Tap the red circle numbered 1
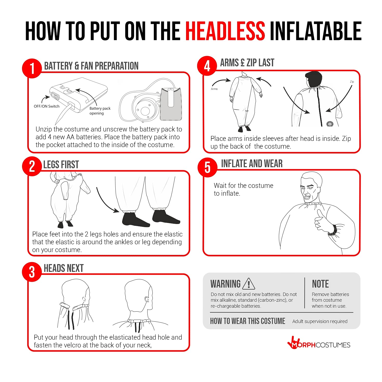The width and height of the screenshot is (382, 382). point(32,68)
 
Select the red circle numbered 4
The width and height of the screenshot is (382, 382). point(207,66)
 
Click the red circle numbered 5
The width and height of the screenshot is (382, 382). point(207,167)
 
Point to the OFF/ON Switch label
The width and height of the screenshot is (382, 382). point(47,106)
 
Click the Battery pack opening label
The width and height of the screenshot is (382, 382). point(100,111)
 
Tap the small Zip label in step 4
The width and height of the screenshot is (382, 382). point(352,82)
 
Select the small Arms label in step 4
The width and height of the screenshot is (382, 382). point(214,89)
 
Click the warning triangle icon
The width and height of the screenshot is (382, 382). point(249,284)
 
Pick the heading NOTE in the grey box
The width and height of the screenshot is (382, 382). point(320,284)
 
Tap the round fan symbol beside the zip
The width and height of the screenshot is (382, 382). point(330,124)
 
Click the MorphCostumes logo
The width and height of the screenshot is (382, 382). point(319,345)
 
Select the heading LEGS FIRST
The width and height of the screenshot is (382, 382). point(61,164)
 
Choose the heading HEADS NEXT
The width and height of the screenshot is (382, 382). point(64,268)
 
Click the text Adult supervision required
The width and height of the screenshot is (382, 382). point(320,321)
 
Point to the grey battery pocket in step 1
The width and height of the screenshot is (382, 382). point(171,104)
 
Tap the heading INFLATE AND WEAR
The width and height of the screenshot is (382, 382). point(252,163)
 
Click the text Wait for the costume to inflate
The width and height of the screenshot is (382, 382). point(243,189)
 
